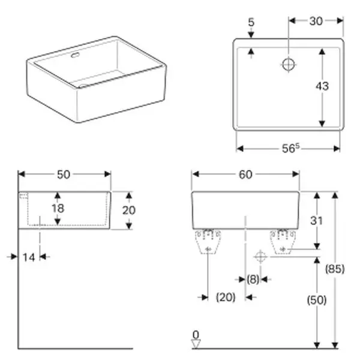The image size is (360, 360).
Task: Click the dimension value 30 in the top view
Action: point(316,21)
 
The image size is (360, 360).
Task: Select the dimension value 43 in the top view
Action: point(322,86)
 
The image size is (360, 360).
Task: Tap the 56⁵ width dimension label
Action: point(289,148)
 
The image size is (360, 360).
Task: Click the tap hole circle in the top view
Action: point(289,64)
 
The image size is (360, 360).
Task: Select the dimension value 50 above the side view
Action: point(64,174)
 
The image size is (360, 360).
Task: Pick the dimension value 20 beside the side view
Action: point(129,210)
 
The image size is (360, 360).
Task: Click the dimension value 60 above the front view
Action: point(245,174)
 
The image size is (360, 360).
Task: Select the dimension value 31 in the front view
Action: point(316,220)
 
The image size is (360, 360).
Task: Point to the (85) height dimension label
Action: point(335,269)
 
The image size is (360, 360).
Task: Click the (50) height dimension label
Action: point(316,300)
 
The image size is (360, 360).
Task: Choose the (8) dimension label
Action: point(253,279)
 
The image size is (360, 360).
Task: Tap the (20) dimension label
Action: point(225,296)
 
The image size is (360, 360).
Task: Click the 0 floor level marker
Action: point(196,334)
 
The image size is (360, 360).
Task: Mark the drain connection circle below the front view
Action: point(260,257)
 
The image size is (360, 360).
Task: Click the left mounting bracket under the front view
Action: point(208,241)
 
